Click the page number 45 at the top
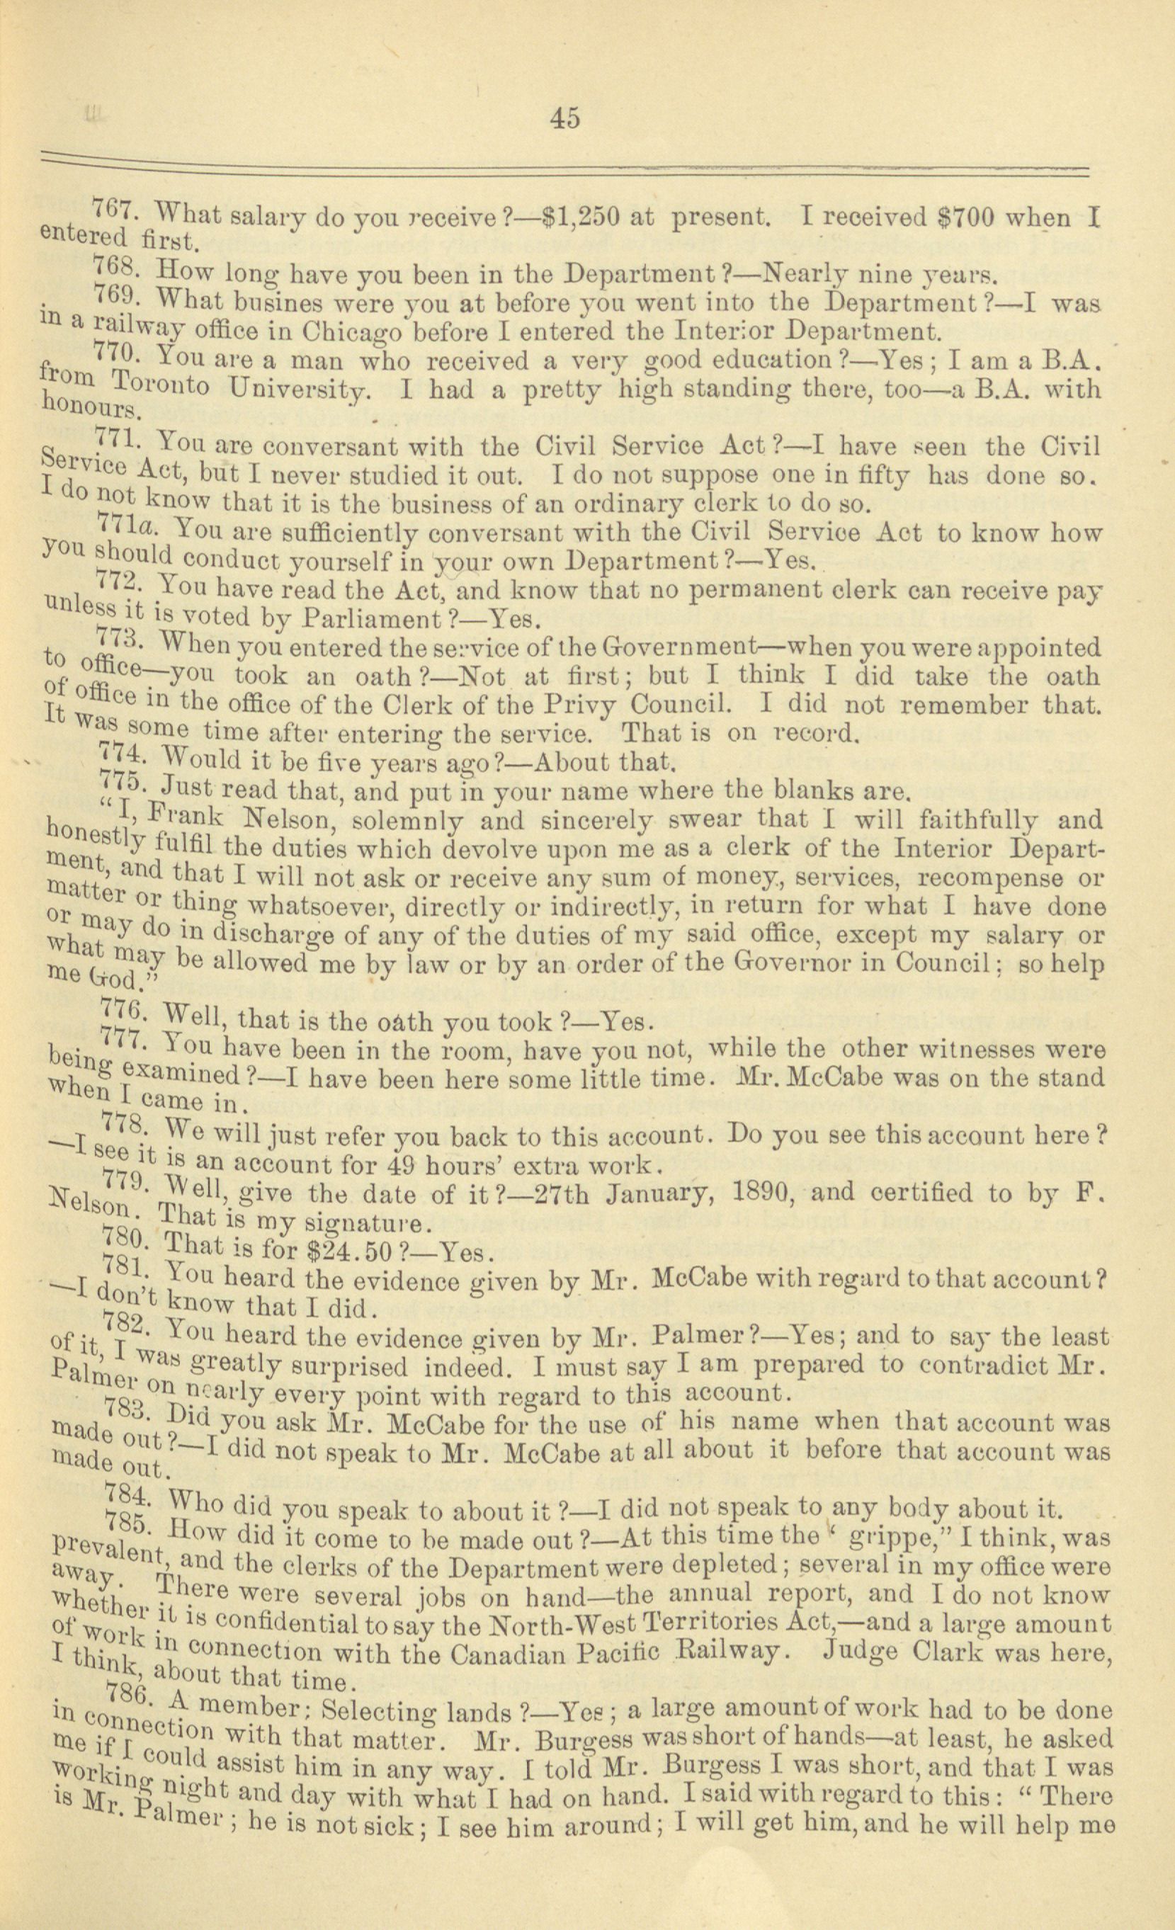[x=564, y=117]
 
